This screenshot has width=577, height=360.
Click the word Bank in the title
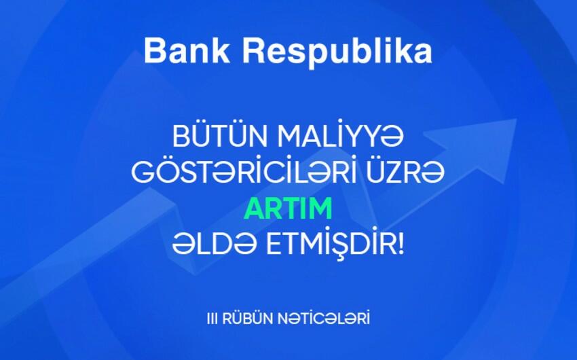tap(187, 51)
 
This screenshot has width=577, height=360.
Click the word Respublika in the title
tap(337, 52)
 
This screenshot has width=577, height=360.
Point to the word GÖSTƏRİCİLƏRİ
tap(244, 172)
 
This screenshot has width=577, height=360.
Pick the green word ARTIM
tap(288, 209)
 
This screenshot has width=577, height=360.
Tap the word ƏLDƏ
tap(214, 244)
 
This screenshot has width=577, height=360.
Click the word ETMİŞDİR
tap(331, 244)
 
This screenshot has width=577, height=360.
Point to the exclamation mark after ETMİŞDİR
tap(401, 244)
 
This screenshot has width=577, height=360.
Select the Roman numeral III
tap(212, 319)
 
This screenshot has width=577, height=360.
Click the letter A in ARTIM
tap(255, 209)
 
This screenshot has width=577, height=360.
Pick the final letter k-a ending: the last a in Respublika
tap(423, 54)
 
